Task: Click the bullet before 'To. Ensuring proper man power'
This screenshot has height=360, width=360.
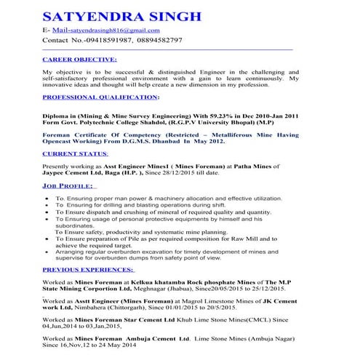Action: pos(47,199)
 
